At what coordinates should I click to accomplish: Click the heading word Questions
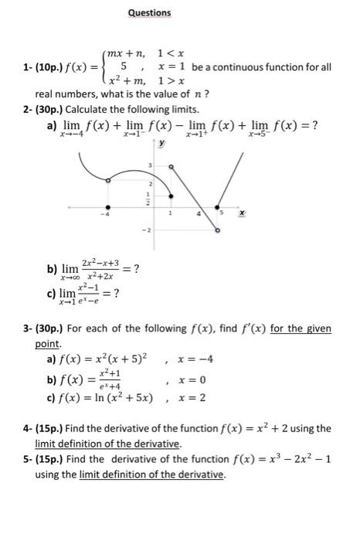coord(150,13)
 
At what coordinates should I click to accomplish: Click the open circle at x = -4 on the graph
coord(107,180)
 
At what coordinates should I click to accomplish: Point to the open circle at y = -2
coord(217,230)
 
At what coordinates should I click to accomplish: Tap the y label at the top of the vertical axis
coord(161,144)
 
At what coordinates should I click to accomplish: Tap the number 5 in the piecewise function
coord(121,67)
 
